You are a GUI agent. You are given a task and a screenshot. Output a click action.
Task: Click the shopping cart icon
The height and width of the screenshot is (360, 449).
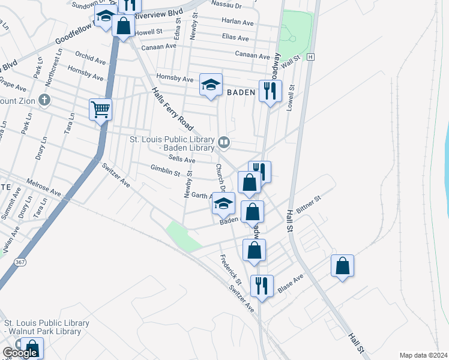(x=100, y=110)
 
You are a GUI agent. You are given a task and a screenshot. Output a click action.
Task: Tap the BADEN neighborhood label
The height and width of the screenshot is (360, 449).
(x=242, y=92)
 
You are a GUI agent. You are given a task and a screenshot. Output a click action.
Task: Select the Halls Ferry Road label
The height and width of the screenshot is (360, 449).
(x=172, y=109)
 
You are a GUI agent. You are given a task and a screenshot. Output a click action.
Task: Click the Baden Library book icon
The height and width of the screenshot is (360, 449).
(x=224, y=142)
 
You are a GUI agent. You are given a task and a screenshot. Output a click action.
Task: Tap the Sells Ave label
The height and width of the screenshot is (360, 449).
(x=182, y=160)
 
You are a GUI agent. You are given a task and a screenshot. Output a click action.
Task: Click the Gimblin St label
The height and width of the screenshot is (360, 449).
(x=165, y=172)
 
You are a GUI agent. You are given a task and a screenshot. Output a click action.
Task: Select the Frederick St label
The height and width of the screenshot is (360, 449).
(x=230, y=271)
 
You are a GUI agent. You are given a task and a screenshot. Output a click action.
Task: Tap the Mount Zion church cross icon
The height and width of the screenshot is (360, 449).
(x=43, y=101)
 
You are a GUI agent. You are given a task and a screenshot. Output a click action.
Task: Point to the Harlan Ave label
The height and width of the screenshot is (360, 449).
(x=237, y=22)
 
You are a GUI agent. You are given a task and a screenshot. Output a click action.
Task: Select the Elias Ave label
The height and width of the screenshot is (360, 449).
(x=235, y=38)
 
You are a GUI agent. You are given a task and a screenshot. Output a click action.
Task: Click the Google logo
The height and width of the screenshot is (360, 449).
(x=20, y=353)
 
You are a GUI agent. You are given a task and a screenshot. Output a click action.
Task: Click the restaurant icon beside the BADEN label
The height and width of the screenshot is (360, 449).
(x=270, y=91)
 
